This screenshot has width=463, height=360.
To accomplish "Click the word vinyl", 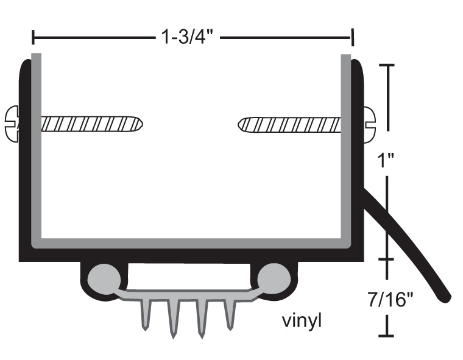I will click(301, 320).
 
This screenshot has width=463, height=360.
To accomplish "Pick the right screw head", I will click(370, 124).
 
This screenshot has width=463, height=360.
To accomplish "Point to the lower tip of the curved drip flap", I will click(447, 298).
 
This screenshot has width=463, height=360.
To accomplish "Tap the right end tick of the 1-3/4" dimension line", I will click(352, 38).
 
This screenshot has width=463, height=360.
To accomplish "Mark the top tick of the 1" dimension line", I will click(387, 65).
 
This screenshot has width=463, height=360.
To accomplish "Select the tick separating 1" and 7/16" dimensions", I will click(387, 259).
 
